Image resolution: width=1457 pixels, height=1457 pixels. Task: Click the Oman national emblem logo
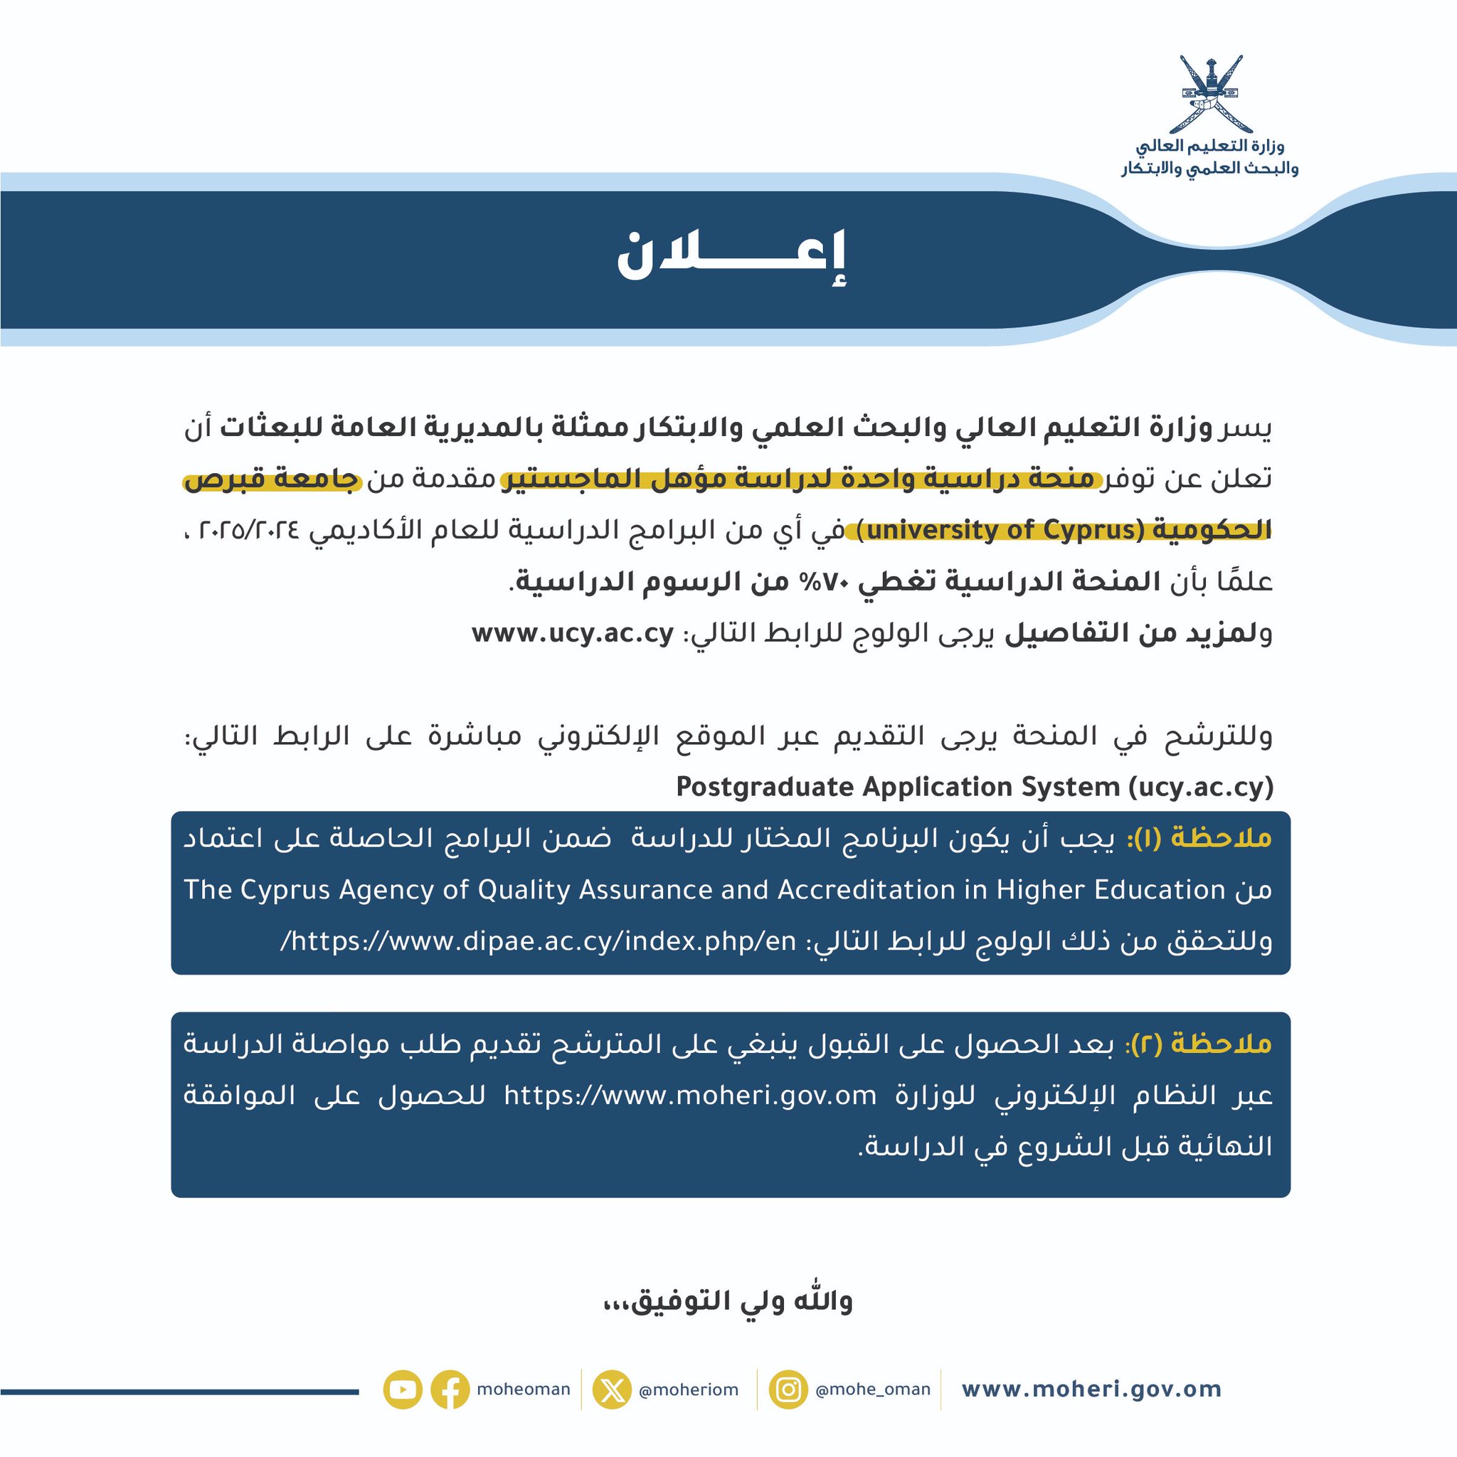tap(1210, 95)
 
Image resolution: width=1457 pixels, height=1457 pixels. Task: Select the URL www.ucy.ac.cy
tap(573, 634)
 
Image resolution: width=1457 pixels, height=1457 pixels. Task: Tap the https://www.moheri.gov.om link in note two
tap(690, 1095)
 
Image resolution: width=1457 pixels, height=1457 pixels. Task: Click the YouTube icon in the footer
tap(402, 1389)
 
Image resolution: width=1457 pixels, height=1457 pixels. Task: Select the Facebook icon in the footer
tap(450, 1389)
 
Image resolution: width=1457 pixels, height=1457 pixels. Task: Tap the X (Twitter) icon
tap(612, 1389)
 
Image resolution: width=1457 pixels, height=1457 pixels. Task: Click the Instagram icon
tap(788, 1389)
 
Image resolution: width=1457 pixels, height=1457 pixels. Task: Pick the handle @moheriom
tap(689, 1390)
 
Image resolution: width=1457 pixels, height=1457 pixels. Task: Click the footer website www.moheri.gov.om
tap(1091, 1389)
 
